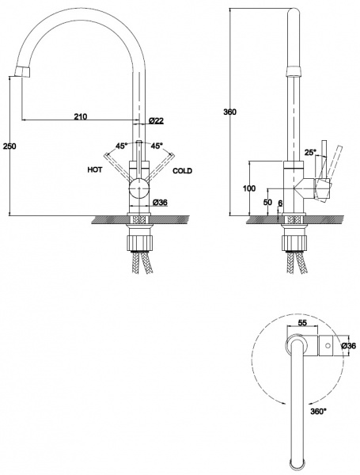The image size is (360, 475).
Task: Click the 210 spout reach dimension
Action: coord(81,116)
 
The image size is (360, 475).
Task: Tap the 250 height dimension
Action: coord(9,146)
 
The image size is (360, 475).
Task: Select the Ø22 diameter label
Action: coord(156,121)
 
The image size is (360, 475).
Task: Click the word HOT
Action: coord(95,169)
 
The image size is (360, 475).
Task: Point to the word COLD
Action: coord(182,171)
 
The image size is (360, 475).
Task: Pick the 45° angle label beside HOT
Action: coord(121,146)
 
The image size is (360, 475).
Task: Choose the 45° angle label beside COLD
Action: coord(157,146)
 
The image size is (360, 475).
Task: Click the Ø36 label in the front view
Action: coord(160,203)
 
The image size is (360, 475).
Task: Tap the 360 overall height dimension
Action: coord(229,112)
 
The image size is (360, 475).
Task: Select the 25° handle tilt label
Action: coord(310,152)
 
